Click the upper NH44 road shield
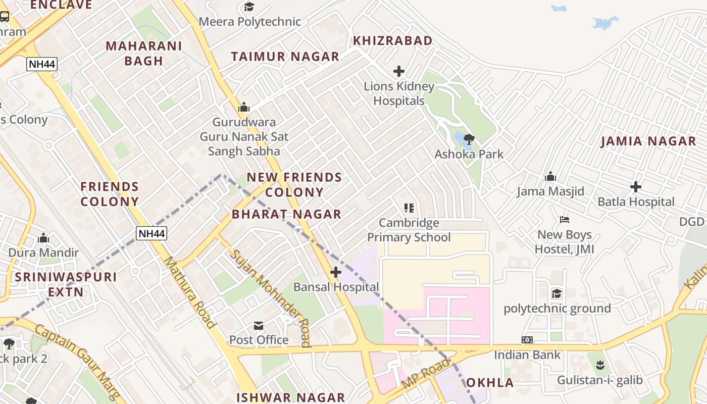tap(42, 64)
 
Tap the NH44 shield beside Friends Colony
tap(151, 233)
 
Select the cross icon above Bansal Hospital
tap(336, 273)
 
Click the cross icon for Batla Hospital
tap(636, 187)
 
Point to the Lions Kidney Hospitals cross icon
tap(399, 71)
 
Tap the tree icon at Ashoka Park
tap(469, 138)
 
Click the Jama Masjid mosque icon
tap(550, 176)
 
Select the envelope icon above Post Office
tap(259, 326)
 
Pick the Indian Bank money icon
tap(527, 340)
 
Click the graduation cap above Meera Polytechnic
tap(249, 7)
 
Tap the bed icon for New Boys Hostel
tap(565, 220)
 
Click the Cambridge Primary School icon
tap(409, 208)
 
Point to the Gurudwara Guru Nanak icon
tap(244, 107)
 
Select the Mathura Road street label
tap(190, 292)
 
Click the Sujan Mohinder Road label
tap(270, 298)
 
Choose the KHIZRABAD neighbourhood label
tap(392, 41)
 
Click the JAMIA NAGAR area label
tap(648, 141)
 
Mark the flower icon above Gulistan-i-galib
tap(600, 365)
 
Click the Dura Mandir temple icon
tap(43, 237)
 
